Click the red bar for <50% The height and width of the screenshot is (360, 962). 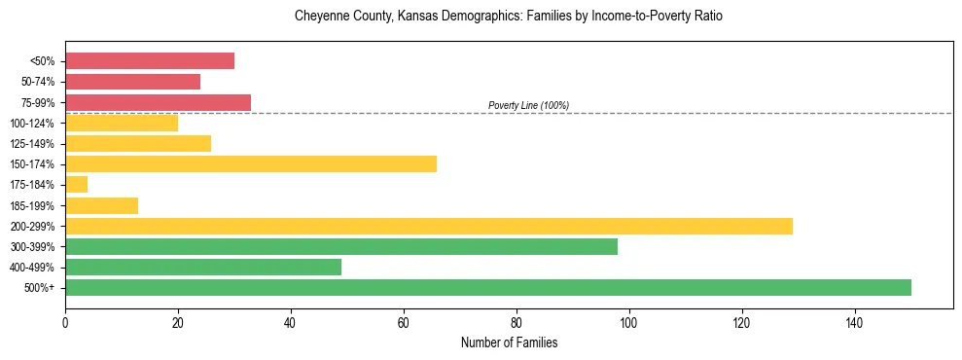(x=150, y=60)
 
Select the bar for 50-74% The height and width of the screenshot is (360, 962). (x=132, y=82)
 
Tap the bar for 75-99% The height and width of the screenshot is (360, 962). (x=158, y=102)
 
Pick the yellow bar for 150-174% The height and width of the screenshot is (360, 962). (x=251, y=163)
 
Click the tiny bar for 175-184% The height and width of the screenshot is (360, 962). (x=77, y=185)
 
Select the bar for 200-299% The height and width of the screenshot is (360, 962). (x=429, y=226)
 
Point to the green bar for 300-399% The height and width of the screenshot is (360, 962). (x=341, y=246)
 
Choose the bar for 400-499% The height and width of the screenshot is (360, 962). (x=203, y=267)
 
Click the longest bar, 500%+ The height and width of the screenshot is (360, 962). (x=488, y=287)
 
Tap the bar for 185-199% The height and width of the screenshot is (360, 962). (x=102, y=205)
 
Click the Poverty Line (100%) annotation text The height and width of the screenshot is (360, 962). (x=528, y=105)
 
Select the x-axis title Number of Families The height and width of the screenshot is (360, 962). (x=509, y=342)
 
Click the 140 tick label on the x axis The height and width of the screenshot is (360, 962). (x=854, y=322)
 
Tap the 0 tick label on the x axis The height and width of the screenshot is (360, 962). (x=65, y=322)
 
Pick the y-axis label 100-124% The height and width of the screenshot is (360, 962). (x=32, y=124)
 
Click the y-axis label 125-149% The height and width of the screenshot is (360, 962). (x=32, y=144)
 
